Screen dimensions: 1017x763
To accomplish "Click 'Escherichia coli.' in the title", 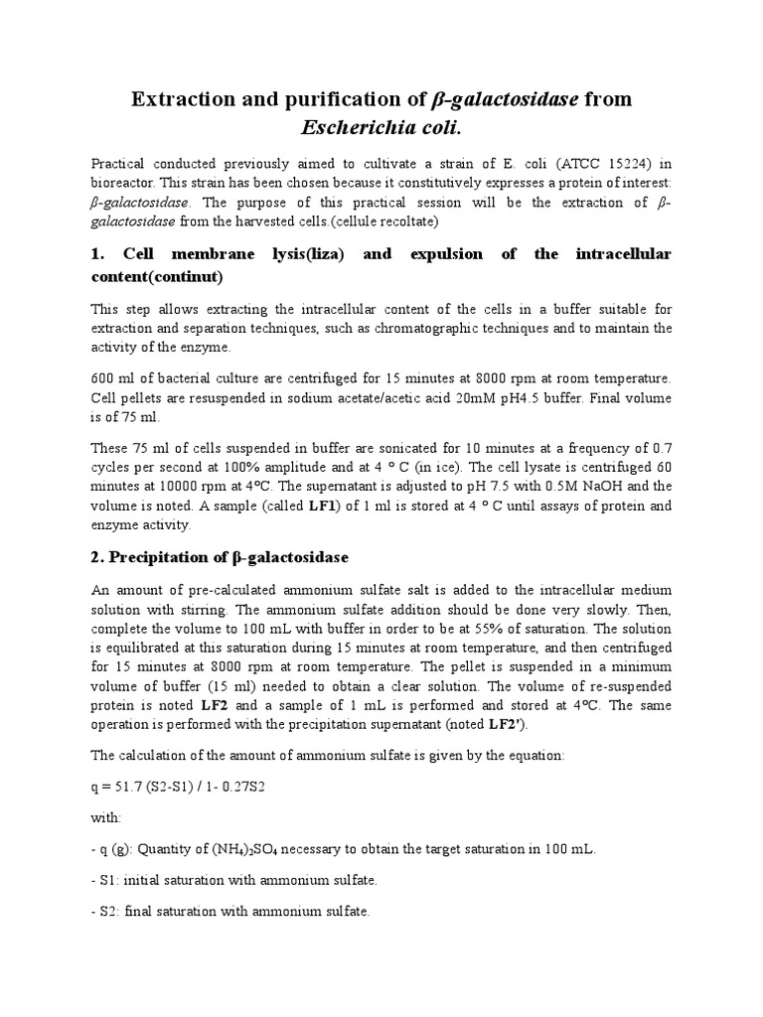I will pos(381,130).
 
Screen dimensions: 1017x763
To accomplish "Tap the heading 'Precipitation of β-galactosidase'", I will pos(222,554).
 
